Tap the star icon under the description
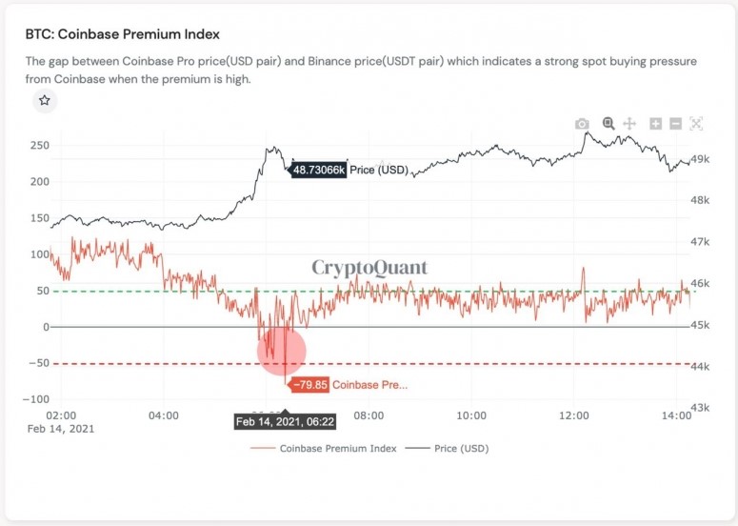[45, 100]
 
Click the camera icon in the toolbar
[582, 124]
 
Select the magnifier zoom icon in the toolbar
[608, 124]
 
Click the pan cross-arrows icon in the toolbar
[629, 124]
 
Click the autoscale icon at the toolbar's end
[696, 124]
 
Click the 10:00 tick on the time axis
[471, 415]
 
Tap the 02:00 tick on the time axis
[60, 415]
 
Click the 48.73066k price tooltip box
[318, 170]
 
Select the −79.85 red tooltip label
[308, 385]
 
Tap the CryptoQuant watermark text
[370, 268]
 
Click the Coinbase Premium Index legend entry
[328, 448]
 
